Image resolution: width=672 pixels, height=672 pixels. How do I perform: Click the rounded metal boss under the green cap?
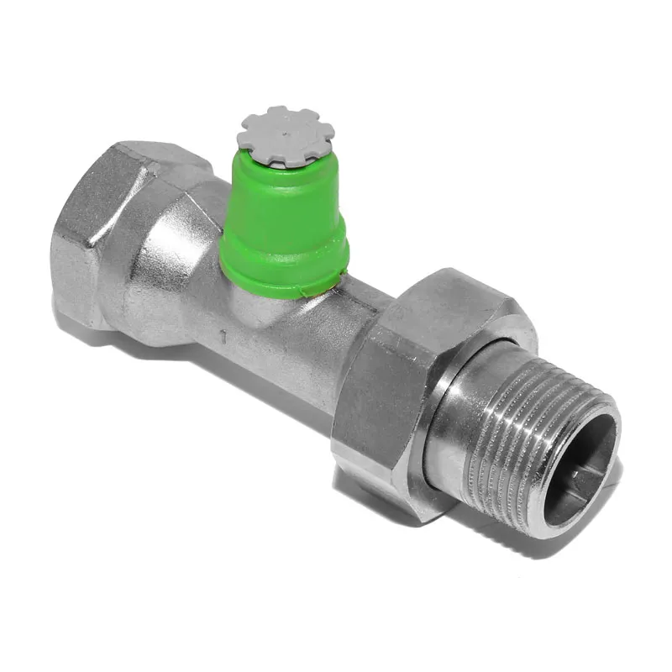coord(256,311)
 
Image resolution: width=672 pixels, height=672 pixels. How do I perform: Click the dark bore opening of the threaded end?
coord(580,470)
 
